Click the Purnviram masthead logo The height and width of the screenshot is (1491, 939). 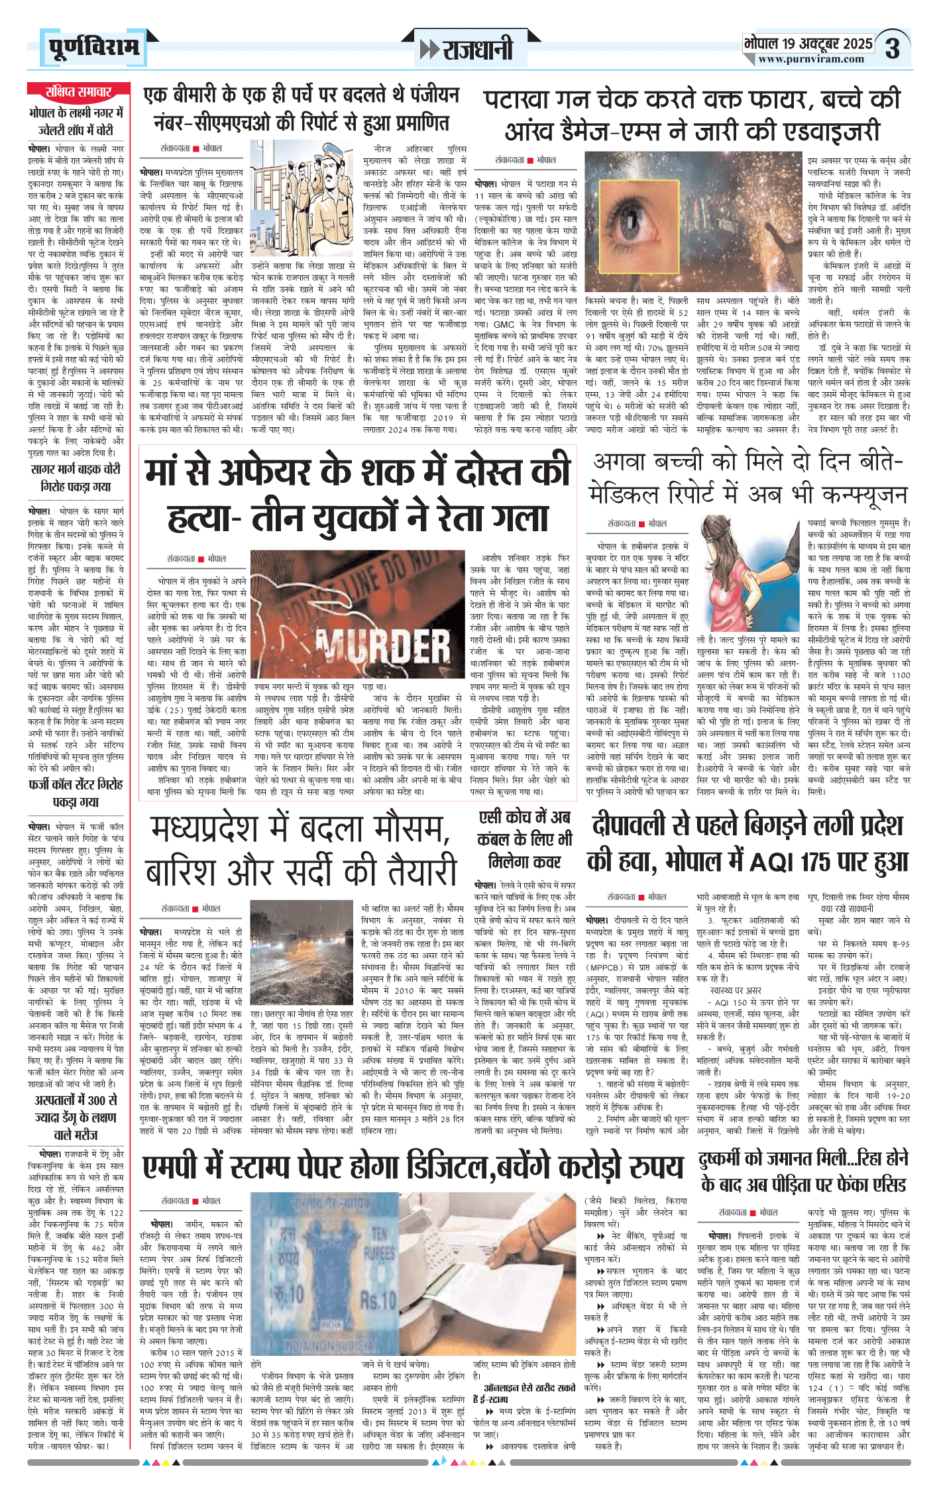[93, 48]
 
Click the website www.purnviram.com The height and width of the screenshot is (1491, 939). [811, 60]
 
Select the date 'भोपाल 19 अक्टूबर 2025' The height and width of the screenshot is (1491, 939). [808, 44]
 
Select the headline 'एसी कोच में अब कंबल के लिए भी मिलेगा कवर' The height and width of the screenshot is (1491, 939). [524, 839]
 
